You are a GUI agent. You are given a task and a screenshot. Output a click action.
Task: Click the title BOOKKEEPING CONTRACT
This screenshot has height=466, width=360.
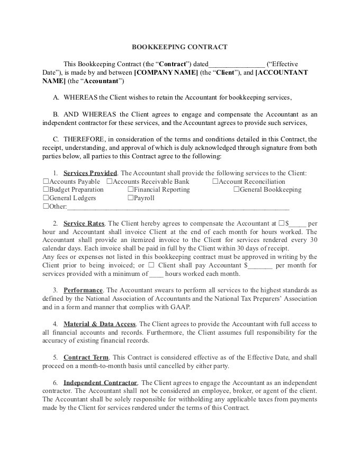(x=179, y=47)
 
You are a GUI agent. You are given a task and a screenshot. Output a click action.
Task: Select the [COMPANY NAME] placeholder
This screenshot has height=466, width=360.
(x=167, y=73)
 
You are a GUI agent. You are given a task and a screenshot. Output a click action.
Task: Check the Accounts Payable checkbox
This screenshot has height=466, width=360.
(x=46, y=182)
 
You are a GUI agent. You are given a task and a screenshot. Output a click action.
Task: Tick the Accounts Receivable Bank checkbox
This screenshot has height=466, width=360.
(x=109, y=182)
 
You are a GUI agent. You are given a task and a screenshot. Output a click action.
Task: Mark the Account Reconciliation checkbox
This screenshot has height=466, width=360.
(x=215, y=182)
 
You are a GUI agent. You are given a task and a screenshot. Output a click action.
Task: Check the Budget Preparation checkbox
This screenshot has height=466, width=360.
(x=46, y=190)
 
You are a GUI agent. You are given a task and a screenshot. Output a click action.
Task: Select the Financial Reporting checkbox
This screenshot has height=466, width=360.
(x=130, y=190)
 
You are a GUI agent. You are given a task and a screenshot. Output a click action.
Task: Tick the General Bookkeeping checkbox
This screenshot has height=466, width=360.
(x=236, y=190)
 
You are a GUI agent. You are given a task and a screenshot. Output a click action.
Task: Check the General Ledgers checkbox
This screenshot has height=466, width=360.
(x=46, y=198)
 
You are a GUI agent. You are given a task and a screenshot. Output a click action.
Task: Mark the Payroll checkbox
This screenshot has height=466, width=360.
(x=130, y=198)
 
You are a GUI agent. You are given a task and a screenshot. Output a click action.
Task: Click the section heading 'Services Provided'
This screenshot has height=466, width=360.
(x=90, y=173)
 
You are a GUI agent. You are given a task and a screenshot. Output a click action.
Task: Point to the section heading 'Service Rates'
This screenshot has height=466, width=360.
(x=84, y=223)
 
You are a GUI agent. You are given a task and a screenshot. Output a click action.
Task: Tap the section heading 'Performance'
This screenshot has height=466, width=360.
(x=83, y=290)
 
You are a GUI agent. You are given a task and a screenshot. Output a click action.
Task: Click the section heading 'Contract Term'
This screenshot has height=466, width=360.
(x=86, y=357)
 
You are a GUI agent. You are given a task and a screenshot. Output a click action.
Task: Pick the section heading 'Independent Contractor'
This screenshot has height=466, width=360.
(x=101, y=382)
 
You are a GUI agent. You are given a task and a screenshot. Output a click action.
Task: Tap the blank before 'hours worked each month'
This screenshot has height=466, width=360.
(x=157, y=274)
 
